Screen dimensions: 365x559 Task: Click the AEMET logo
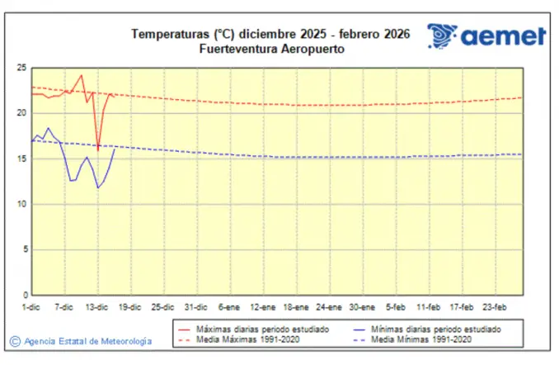click(486, 36)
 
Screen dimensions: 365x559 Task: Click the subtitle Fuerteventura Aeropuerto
click(271, 49)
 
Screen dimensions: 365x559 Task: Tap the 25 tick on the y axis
click(22, 68)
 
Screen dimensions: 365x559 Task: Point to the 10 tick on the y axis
click(22, 204)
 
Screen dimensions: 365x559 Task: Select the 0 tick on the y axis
click(25, 295)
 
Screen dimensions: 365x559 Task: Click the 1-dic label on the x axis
click(32, 306)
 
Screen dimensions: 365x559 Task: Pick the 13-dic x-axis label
click(97, 306)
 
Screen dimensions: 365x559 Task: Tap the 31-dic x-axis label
click(196, 306)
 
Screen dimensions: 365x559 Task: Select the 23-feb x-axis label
click(492, 306)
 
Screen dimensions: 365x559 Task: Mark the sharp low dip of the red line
click(98, 149)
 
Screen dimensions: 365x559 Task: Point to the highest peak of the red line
click(81, 75)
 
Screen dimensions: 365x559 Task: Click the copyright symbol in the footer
click(15, 340)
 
